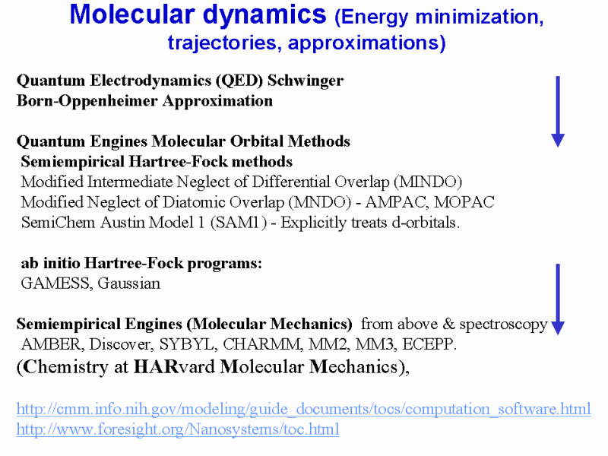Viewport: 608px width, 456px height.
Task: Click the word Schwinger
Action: coord(306,81)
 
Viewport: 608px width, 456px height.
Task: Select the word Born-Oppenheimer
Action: coord(87,101)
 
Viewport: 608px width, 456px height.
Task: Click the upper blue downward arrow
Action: coord(558,112)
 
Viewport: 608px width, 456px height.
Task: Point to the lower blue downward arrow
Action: coord(558,299)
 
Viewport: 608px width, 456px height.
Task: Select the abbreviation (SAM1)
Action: coord(239,223)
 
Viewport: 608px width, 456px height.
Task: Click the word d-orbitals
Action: coord(426,223)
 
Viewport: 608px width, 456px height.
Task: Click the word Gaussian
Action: coord(128,283)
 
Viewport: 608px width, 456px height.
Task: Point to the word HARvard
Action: coord(174,367)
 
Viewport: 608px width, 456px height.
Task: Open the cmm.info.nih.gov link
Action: coord(303,409)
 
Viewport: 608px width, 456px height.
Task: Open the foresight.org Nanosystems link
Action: coord(178,429)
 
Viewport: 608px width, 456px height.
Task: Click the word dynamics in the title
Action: coord(264,14)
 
